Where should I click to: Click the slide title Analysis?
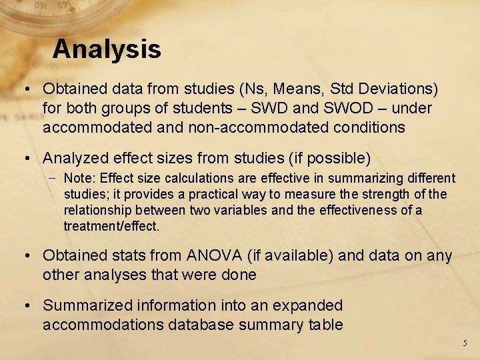(107, 49)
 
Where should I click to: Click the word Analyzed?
(74, 158)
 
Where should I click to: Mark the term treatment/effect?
(112, 227)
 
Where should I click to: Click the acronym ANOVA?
(207, 255)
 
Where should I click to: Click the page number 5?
(465, 343)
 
